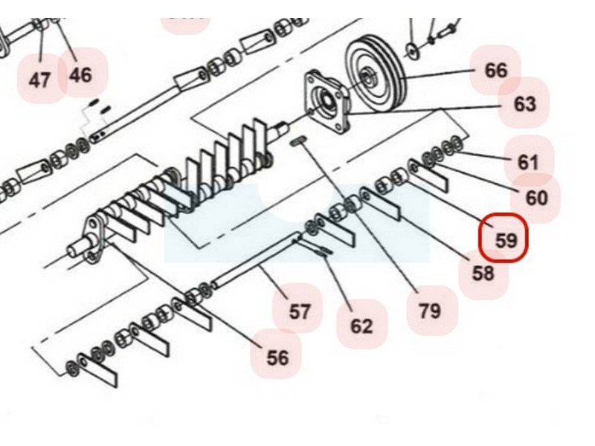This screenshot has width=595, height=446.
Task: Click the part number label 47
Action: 39,79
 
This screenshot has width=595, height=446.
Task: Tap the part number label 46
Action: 80,74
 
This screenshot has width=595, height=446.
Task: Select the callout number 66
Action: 495,71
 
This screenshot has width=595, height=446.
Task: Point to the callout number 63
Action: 524,103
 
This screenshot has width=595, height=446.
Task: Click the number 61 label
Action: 527,161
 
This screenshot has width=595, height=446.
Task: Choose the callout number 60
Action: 536,198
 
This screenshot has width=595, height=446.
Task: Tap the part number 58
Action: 483,273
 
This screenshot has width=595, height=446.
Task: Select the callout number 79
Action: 430,311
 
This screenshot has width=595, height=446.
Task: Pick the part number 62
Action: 361,326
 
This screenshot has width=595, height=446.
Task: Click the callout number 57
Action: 299,311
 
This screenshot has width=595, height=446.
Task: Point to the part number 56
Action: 277,358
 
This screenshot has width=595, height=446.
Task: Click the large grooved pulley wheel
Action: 374,71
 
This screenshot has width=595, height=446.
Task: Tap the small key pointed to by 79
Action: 298,141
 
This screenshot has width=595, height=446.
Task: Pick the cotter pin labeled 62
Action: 321,250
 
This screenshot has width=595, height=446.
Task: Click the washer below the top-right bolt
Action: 411,52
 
